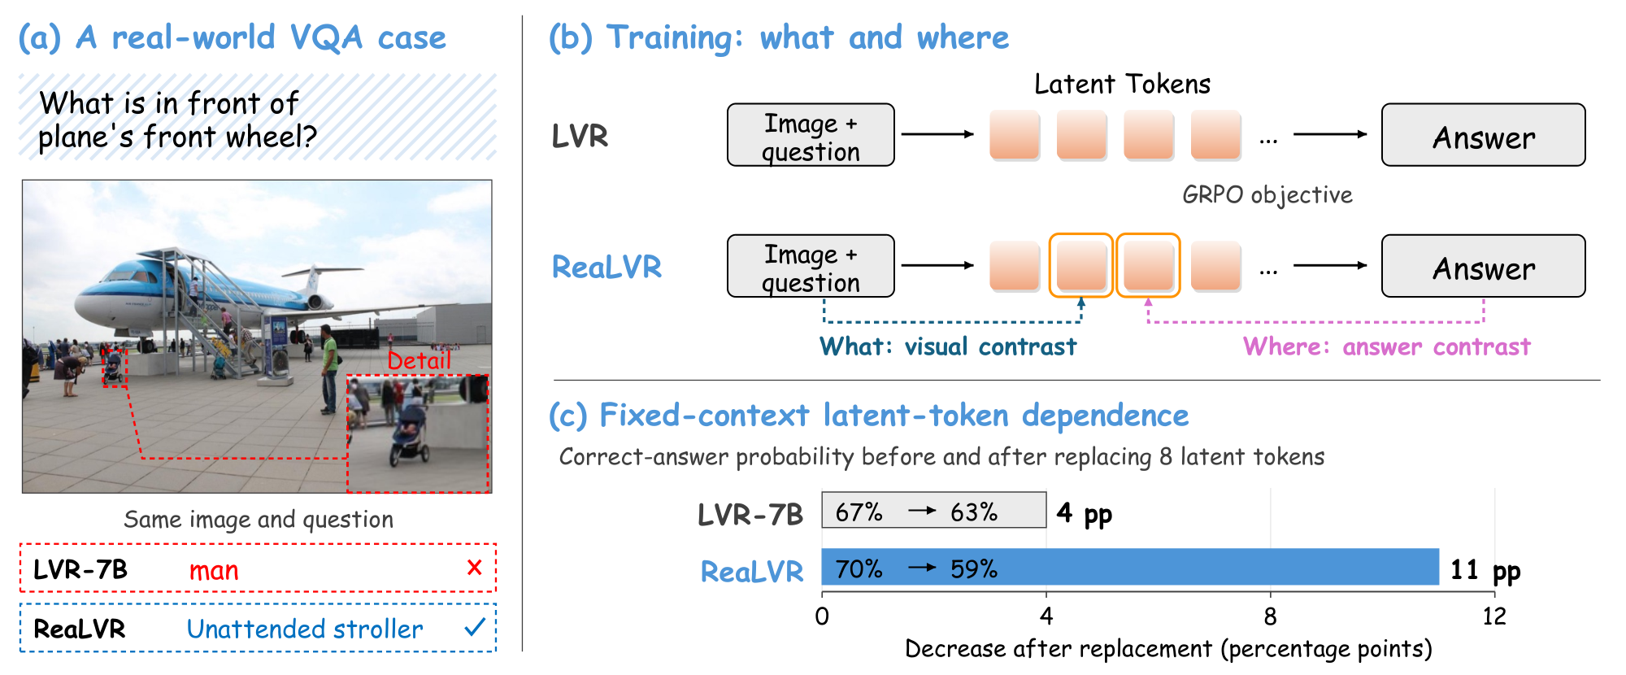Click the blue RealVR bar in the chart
1130,567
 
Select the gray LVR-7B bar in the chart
934,510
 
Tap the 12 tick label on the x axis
1494,616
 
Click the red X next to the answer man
475,567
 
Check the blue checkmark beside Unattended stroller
475,627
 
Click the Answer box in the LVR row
1484,135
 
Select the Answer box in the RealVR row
1484,266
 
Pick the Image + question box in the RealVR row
811,266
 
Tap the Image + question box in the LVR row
811,135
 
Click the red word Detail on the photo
419,360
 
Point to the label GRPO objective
1267,195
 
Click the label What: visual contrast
948,346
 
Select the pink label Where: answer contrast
1387,346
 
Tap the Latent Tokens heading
1122,84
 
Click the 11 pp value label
1485,570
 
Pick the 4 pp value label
1085,514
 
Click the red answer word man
214,570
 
